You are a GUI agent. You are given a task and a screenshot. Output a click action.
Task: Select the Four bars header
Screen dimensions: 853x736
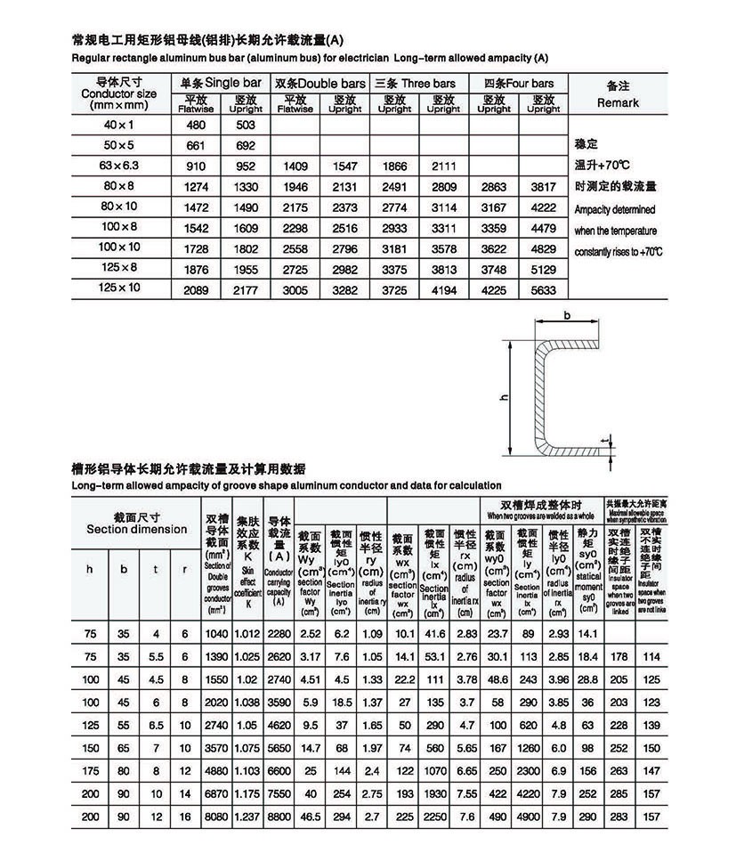[519, 84]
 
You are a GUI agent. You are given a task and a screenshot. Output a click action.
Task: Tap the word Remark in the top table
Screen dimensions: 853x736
[618, 102]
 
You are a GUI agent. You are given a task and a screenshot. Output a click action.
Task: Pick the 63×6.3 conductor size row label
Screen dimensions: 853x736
[119, 166]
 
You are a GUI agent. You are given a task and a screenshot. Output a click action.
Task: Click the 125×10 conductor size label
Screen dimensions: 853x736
[119, 288]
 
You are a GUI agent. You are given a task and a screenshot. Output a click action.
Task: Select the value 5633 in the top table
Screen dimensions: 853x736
[543, 289]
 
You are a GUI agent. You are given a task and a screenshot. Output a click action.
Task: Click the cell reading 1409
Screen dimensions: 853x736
[295, 167]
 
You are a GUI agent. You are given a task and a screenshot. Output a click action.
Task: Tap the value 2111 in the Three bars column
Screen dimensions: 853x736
[443, 167]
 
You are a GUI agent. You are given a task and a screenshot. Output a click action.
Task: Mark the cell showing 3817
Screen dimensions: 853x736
[543, 187]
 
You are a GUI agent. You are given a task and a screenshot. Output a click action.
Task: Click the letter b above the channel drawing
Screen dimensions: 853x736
[566, 314]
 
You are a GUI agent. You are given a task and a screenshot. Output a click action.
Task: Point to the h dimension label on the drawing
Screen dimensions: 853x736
[503, 401]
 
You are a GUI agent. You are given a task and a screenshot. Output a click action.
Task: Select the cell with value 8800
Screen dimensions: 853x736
[279, 816]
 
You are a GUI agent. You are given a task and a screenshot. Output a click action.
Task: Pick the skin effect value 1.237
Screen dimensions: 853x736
[247, 816]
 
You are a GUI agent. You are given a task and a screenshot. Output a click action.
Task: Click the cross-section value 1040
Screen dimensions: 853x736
[217, 633]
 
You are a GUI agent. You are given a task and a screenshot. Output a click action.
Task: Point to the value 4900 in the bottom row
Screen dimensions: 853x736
[528, 816]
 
